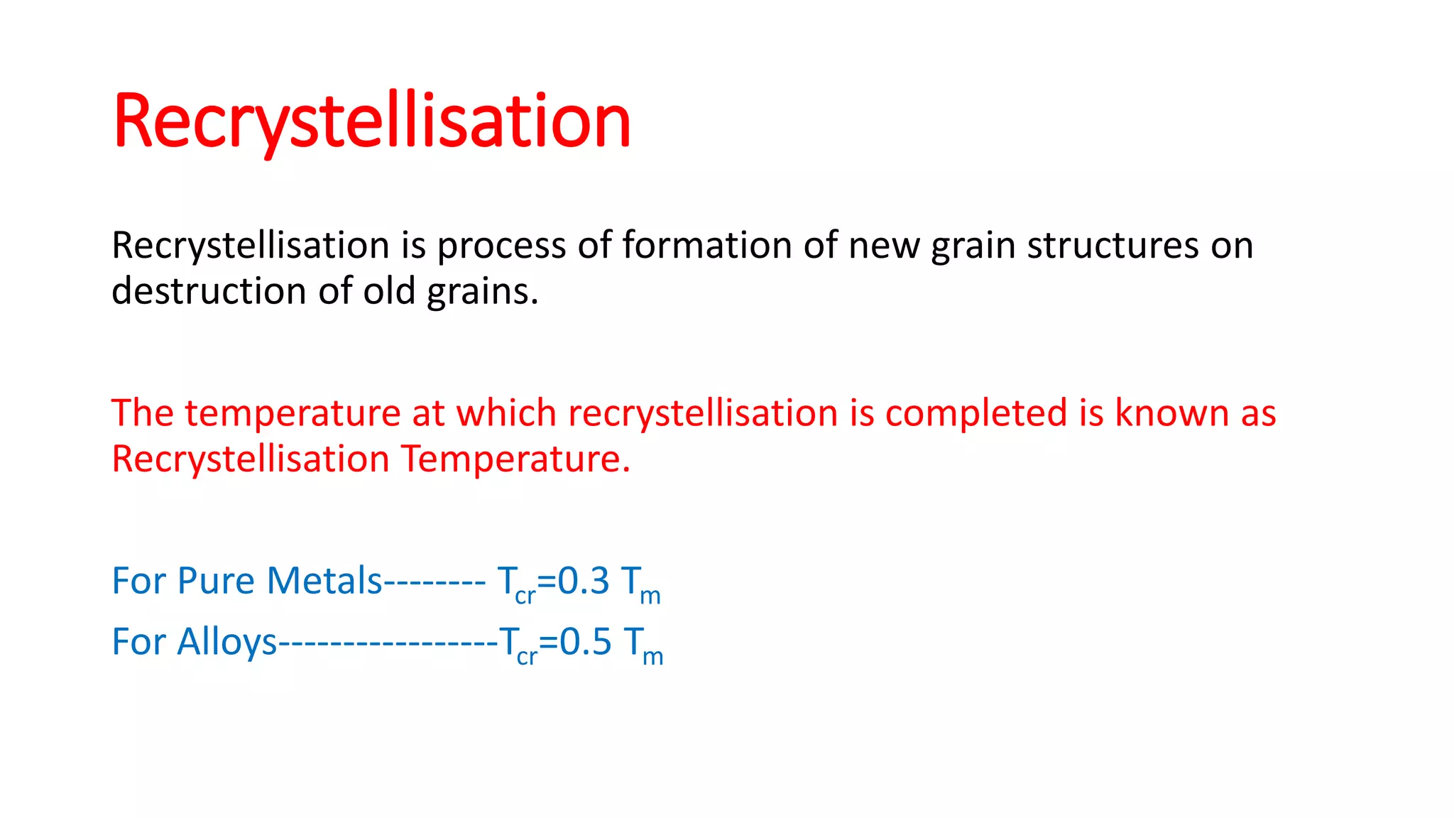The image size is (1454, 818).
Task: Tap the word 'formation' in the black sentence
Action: [x=706, y=245]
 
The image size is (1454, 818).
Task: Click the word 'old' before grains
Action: [x=389, y=291]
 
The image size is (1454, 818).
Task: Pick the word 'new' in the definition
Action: [x=883, y=245]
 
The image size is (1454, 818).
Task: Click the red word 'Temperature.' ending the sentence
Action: [x=516, y=459]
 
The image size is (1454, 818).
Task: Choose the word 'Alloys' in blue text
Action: [x=226, y=642]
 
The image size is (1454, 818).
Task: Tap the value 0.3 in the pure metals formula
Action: [x=583, y=581]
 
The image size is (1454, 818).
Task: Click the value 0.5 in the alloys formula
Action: [x=585, y=642]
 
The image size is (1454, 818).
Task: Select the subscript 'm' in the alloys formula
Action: [x=652, y=657]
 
